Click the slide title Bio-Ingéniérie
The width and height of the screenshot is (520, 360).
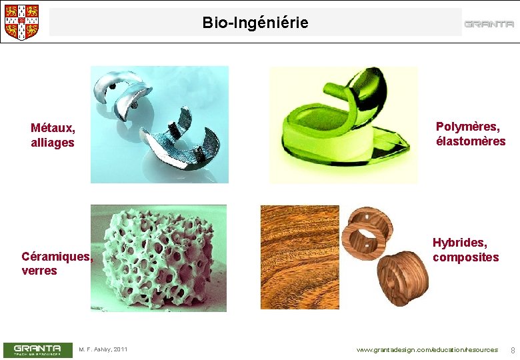tap(255, 23)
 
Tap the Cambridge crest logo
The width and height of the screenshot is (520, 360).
tap(21, 22)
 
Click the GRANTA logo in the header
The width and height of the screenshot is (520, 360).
tap(489, 24)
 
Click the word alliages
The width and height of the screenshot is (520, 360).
tap(53, 143)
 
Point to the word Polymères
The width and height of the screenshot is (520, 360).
tap(467, 127)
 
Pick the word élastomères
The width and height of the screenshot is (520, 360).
tap(471, 141)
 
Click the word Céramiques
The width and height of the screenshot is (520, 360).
tap(57, 256)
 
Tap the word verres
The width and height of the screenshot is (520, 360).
tap(39, 271)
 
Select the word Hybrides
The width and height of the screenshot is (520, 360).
tap(460, 243)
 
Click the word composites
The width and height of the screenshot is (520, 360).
tap(465, 257)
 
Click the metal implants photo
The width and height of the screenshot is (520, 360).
tap(159, 124)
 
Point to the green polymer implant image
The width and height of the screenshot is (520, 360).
tap(343, 125)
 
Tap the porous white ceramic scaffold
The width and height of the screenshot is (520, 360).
tap(159, 258)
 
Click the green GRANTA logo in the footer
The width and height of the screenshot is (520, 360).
tap(37, 349)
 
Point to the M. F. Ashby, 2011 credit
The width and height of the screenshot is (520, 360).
tap(103, 349)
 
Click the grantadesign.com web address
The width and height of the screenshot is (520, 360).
tap(427, 350)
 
